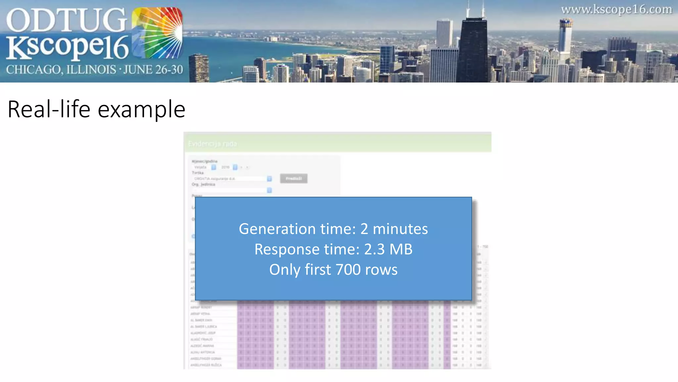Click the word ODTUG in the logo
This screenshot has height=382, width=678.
66,21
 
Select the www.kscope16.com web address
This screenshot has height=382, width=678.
616,9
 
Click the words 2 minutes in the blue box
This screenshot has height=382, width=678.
394,229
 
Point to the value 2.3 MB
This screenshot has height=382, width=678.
388,249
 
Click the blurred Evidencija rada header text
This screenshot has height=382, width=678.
213,144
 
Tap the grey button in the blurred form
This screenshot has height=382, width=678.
294,178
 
